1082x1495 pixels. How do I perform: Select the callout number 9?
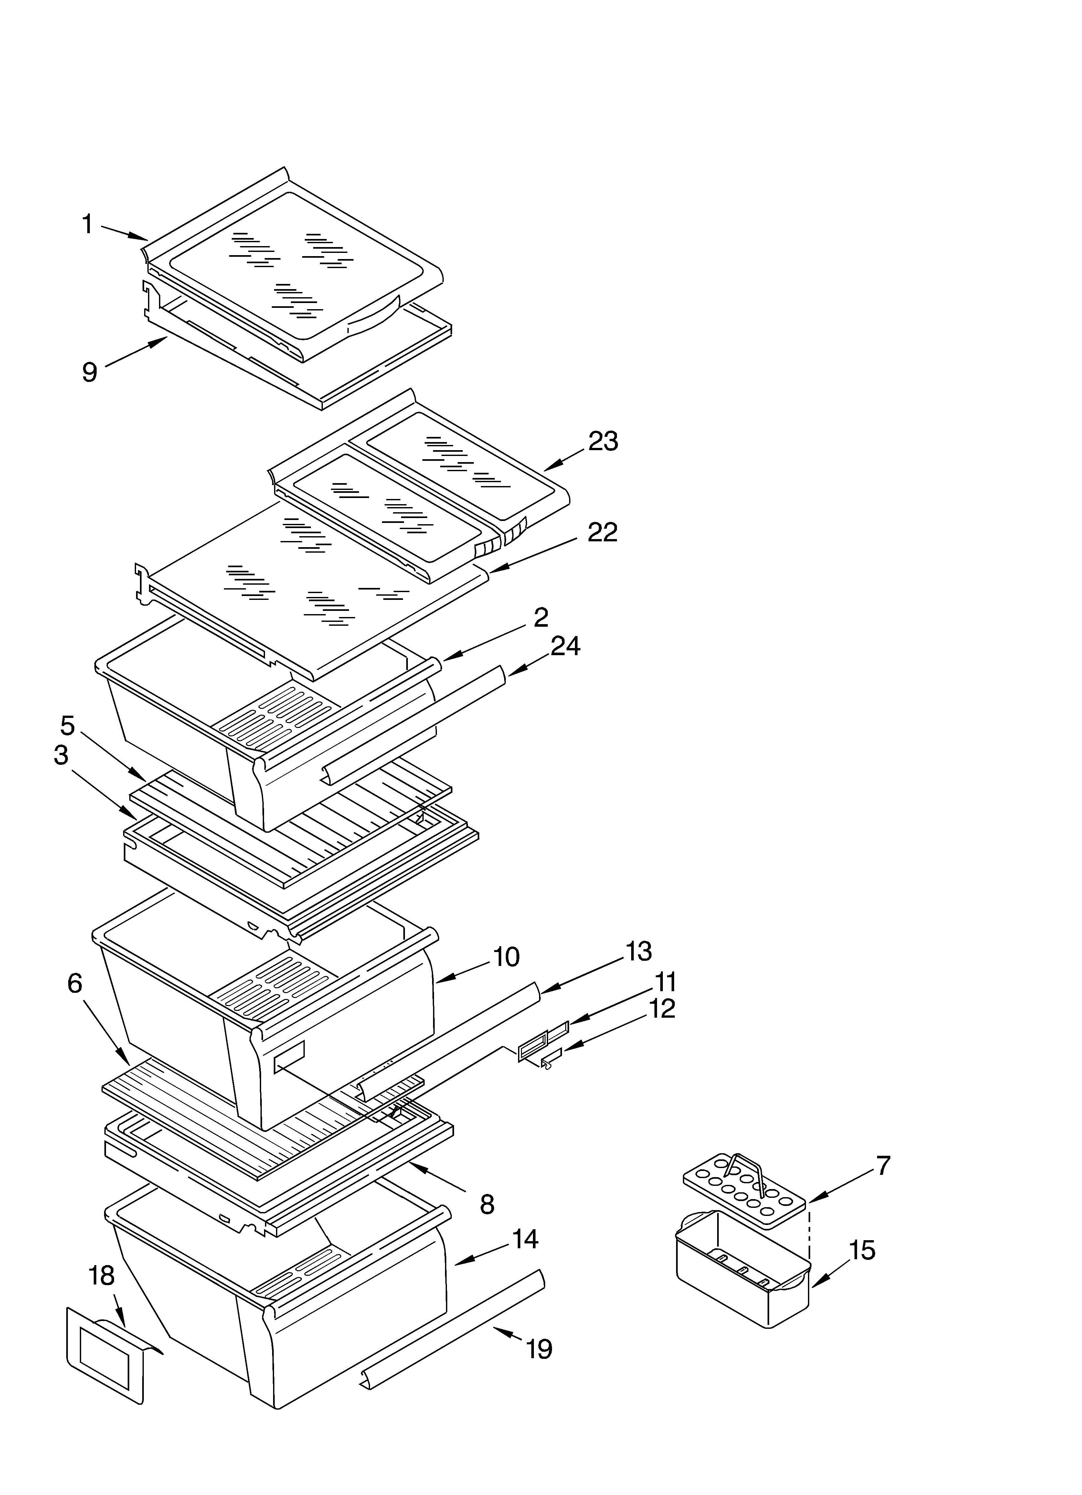(90, 373)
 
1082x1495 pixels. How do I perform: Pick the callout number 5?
(68, 726)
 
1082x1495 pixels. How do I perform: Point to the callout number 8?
(486, 1204)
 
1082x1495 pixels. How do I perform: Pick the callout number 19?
(539, 1349)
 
